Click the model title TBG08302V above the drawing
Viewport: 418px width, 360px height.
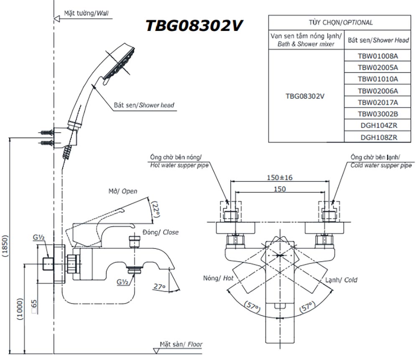pyautogui.click(x=194, y=26)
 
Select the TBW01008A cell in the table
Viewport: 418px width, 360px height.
pyautogui.click(x=378, y=56)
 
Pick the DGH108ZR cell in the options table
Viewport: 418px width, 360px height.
pyautogui.click(x=379, y=137)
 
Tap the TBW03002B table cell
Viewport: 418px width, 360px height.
pyautogui.click(x=378, y=114)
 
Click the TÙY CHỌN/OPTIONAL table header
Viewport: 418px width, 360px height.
pyautogui.click(x=340, y=23)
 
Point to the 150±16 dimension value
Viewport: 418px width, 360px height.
pyautogui.click(x=280, y=177)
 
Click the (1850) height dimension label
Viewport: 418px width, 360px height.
pyautogui.click(x=5, y=246)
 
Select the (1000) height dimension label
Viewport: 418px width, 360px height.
pyautogui.click(x=20, y=309)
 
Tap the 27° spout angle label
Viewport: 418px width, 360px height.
pyautogui.click(x=159, y=286)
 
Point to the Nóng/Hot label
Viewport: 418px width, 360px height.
pyautogui.click(x=218, y=278)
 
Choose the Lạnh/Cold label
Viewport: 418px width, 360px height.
pyautogui.click(x=341, y=280)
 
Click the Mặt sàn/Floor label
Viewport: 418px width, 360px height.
pyautogui.click(x=181, y=344)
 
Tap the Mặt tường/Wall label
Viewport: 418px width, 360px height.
pyautogui.click(x=86, y=13)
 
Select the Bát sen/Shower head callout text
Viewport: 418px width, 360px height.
pyautogui.click(x=144, y=105)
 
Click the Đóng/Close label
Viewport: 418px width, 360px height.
pyautogui.click(x=161, y=232)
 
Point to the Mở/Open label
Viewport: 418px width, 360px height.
pyautogui.click(x=122, y=191)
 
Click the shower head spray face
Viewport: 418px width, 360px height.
pyautogui.click(x=119, y=64)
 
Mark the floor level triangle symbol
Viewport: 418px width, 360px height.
pyautogui.click(x=156, y=351)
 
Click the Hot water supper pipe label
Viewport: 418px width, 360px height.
pyautogui.click(x=179, y=165)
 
